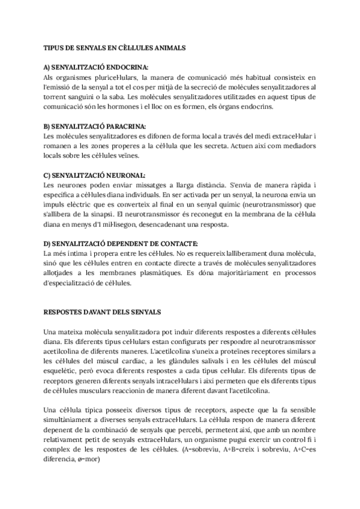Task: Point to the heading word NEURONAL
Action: click(122, 175)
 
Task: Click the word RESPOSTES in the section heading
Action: click(66, 313)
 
